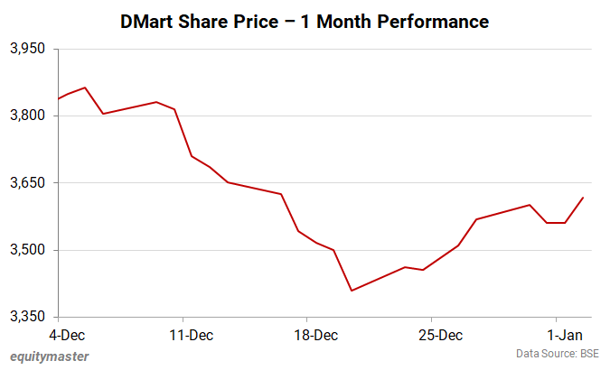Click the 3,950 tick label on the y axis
(x=27, y=49)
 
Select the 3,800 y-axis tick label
(x=27, y=116)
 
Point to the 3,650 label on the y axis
(x=27, y=182)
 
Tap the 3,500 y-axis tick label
(x=27, y=250)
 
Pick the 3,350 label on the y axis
(x=27, y=317)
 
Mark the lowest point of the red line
(x=352, y=291)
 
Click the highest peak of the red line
(x=85, y=88)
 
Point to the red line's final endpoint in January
(x=583, y=198)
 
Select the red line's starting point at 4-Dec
(x=59, y=98)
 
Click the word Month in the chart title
(x=346, y=20)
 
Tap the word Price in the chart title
(x=262, y=20)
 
